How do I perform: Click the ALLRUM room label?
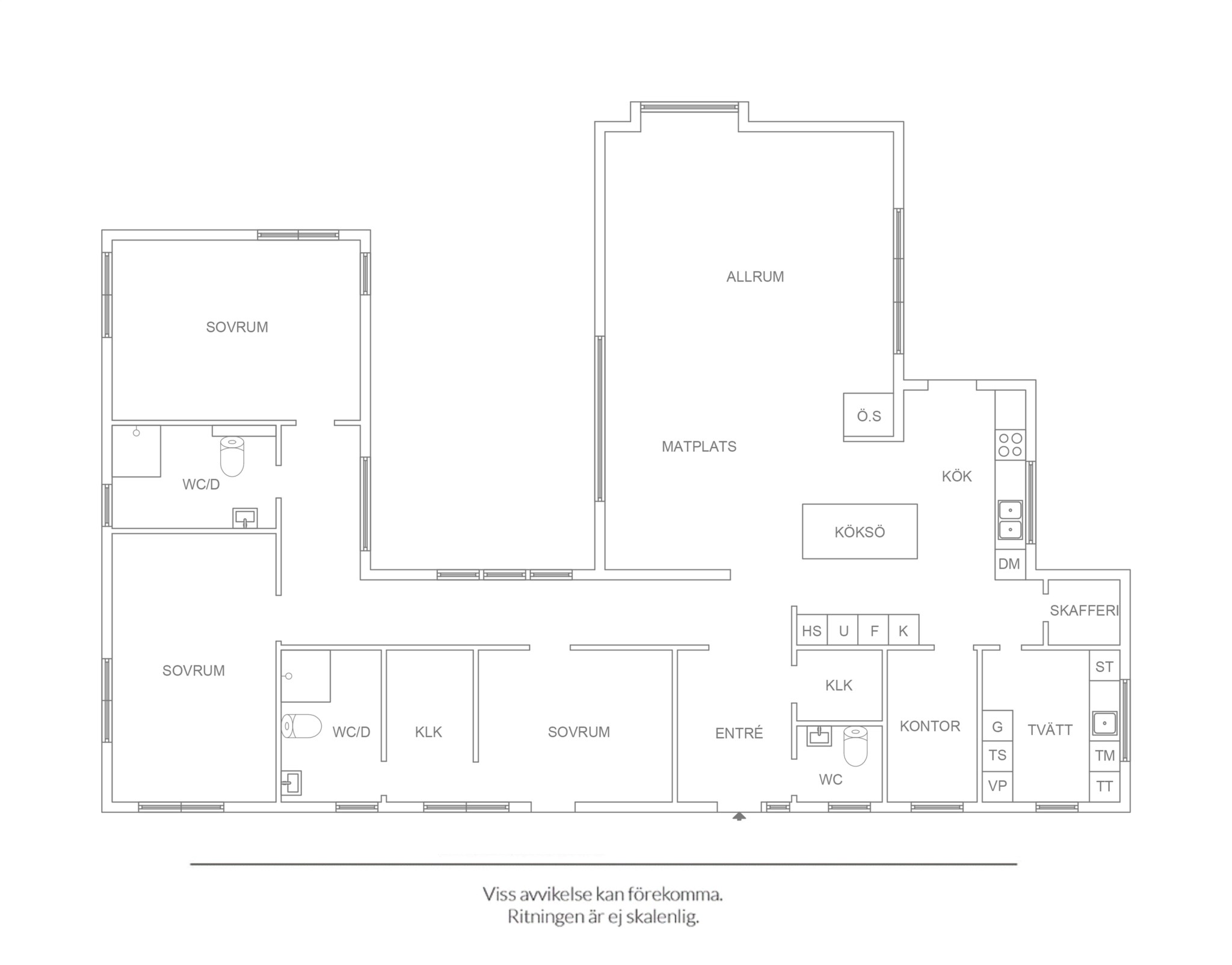tap(755, 277)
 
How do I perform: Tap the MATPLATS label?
tap(699, 446)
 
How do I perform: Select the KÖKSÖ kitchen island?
tap(860, 531)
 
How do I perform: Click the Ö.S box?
tap(868, 416)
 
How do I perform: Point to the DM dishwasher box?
tap(1010, 564)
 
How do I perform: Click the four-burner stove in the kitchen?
tap(1011, 445)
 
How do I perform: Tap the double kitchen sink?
tap(1011, 520)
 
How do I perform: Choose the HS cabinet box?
tap(812, 630)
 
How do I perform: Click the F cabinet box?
tap(873, 630)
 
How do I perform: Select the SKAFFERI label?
tap(1084, 611)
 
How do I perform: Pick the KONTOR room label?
tap(930, 726)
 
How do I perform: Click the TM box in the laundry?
tap(1104, 756)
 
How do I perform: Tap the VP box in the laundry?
tap(997, 786)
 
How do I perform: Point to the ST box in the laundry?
tap(1104, 666)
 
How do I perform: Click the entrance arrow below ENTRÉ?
tap(739, 816)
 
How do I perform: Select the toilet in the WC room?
tap(855, 746)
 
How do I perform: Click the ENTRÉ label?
tap(739, 733)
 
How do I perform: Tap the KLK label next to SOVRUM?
tap(428, 732)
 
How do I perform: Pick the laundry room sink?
tap(1104, 723)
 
